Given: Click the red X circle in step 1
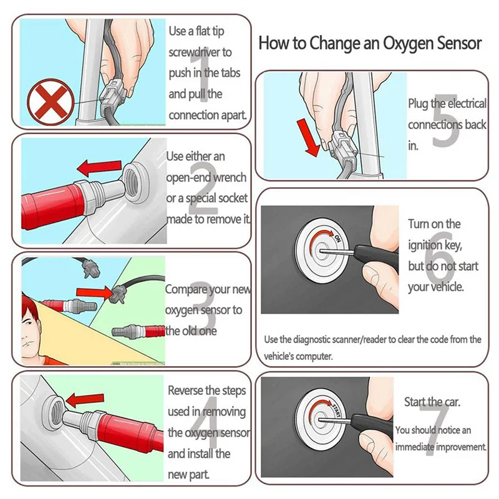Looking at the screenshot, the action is point(51,102).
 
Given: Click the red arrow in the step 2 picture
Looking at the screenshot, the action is point(99,167).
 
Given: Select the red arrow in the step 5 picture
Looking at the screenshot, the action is point(308,138).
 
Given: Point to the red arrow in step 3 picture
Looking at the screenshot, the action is point(95,292).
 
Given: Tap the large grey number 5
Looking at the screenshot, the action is point(446,120).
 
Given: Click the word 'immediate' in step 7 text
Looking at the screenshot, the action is point(414,447).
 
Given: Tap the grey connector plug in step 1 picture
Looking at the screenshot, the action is point(112,95).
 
